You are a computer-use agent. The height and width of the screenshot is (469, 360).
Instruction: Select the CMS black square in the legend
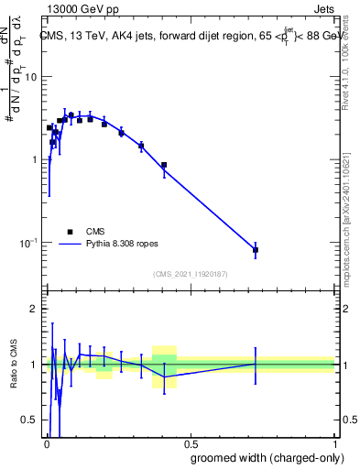pos(70,232)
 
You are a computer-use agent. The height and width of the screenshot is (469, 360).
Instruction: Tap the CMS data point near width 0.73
pos(256,249)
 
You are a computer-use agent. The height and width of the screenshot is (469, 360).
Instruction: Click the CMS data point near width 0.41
pos(164,166)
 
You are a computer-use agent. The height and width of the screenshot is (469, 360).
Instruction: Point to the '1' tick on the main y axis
pos(33,159)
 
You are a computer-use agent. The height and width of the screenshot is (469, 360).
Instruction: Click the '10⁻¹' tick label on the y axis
pos(27,243)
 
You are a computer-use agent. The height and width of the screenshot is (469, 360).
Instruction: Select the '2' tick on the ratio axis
pos(33,309)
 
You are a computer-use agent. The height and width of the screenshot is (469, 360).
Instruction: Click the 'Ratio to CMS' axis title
pos(12,365)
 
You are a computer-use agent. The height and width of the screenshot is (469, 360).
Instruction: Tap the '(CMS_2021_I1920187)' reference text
pos(190,274)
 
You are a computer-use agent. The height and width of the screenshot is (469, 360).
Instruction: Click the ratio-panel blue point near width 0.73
pos(256,364)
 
